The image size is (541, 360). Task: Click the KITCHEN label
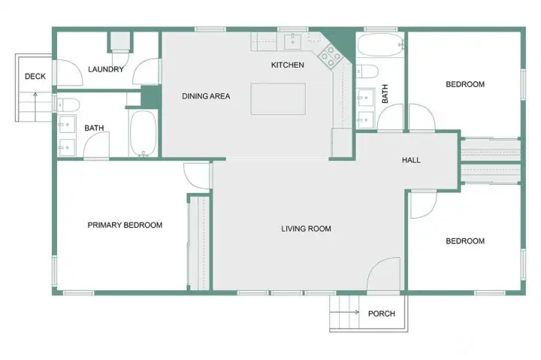click(287, 65)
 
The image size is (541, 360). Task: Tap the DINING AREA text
click(206, 96)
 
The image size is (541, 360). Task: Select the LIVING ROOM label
click(306, 228)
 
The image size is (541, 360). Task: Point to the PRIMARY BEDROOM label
click(125, 225)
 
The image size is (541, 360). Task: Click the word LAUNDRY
click(106, 69)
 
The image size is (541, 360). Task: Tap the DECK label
click(35, 76)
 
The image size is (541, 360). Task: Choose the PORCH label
click(382, 313)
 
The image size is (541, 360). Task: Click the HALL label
click(411, 160)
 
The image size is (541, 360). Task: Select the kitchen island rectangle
click(278, 98)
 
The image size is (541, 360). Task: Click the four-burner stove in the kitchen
click(331, 56)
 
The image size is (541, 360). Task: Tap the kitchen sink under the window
click(292, 42)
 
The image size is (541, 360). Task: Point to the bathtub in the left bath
click(143, 133)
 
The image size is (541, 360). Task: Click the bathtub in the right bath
click(380, 45)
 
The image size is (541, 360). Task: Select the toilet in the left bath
click(68, 104)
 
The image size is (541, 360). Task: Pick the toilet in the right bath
click(367, 71)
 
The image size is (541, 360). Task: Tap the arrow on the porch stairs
click(344, 313)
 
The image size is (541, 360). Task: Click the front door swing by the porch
click(384, 274)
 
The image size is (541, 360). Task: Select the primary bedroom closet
click(199, 244)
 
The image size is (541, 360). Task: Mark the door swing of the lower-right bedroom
click(423, 204)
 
